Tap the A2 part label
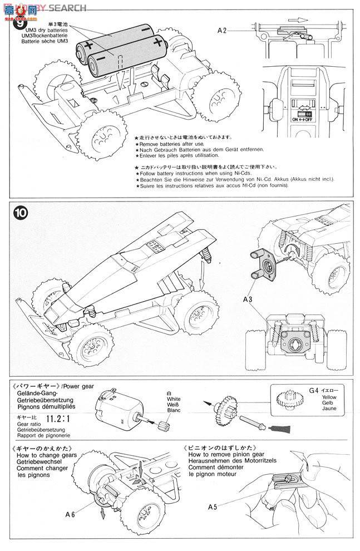[x=222, y=31]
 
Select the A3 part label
[x=248, y=300]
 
